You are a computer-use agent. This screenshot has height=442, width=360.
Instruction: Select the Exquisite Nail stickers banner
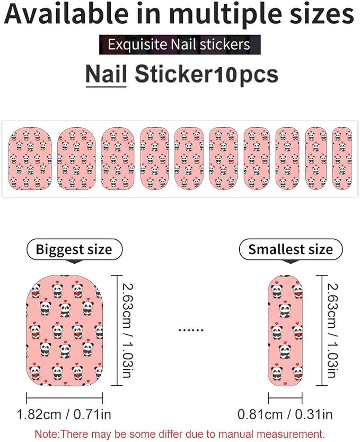point(180,45)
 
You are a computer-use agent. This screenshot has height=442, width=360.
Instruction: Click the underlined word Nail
point(106,74)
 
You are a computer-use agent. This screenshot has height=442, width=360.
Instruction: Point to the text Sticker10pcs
point(206,74)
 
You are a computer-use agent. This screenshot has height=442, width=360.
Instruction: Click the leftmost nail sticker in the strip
point(30,159)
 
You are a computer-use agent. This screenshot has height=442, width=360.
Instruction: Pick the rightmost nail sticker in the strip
point(342,159)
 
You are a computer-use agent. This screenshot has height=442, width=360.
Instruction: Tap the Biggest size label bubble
point(74,249)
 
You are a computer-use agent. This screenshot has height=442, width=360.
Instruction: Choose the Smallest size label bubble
point(291,249)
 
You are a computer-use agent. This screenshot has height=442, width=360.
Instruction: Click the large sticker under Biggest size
point(64,331)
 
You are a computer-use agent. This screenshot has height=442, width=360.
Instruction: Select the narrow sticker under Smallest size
point(285,331)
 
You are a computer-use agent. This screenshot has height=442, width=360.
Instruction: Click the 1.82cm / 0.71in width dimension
point(64,414)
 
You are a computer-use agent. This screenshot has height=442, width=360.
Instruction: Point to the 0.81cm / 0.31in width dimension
point(285,414)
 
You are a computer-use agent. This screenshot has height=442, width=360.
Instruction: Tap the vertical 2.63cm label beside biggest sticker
point(128,331)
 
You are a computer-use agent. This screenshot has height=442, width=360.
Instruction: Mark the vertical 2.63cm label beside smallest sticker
point(332,331)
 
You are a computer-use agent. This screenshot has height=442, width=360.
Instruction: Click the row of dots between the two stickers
point(191,330)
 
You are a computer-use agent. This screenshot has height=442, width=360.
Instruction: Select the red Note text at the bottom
point(180,434)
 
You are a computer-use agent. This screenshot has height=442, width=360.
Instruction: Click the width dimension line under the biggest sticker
point(64,398)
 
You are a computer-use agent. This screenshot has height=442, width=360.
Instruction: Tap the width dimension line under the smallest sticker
point(285,398)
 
